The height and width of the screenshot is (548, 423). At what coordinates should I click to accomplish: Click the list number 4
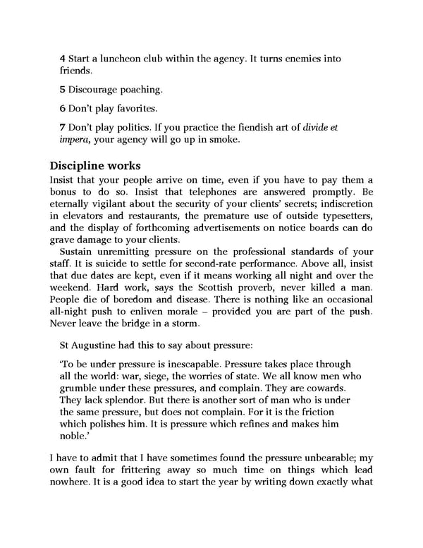pos(63,59)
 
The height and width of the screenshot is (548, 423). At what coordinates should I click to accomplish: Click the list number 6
pos(63,109)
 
